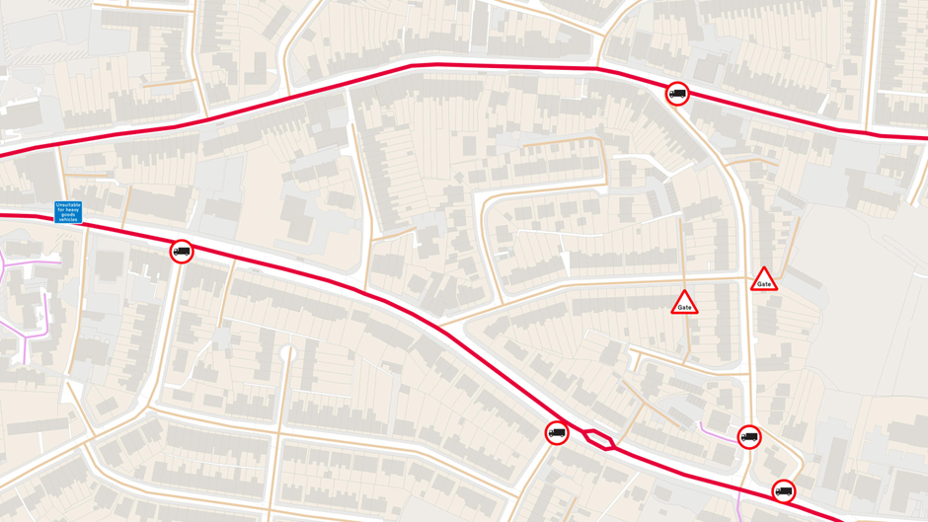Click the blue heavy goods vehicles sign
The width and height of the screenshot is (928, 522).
[x=68, y=212]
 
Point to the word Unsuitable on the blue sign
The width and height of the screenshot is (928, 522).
[x=68, y=205]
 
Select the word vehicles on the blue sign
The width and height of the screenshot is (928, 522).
[x=68, y=219]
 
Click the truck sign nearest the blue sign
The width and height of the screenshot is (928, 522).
[x=182, y=252]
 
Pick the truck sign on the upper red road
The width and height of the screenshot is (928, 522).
[x=677, y=94]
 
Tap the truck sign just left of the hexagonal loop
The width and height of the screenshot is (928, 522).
[x=557, y=432]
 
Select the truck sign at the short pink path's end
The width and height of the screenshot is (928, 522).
[x=749, y=436]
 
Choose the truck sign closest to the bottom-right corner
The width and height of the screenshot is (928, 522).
[x=783, y=490]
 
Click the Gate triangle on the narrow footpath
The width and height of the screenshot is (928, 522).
[x=684, y=303]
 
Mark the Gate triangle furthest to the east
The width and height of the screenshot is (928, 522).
[x=763, y=280]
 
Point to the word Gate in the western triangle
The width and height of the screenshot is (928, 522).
[x=684, y=308]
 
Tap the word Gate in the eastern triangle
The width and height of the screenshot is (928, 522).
[x=763, y=285]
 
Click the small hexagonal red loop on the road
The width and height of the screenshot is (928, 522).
[x=598, y=439]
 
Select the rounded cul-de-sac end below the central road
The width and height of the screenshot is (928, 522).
[x=287, y=352]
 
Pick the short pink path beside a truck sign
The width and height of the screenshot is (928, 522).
[x=718, y=430]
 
